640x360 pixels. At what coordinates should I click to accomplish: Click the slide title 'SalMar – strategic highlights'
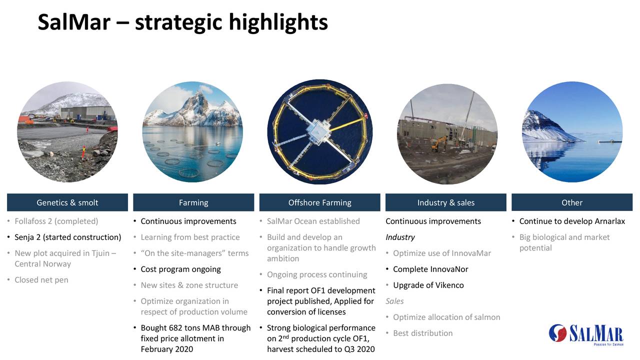tap(182, 22)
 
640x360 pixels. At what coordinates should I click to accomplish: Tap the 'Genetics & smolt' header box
tap(67, 202)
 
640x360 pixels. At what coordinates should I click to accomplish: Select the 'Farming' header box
tap(193, 202)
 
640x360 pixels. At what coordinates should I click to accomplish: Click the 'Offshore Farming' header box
tap(319, 202)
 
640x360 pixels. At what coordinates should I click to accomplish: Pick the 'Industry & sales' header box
tap(445, 202)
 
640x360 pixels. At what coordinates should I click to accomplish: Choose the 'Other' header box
tap(571, 202)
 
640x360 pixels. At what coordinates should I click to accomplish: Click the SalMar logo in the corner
tap(585, 334)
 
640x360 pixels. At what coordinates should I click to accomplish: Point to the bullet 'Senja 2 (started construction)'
tap(68, 237)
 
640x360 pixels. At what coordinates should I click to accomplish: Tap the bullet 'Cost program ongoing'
tap(180, 269)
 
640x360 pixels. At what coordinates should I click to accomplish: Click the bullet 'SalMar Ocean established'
tap(313, 221)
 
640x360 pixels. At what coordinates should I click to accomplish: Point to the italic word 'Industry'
tap(400, 237)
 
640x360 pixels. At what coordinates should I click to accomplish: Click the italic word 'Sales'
tap(394, 301)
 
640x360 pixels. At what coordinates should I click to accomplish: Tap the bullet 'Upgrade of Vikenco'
tap(428, 285)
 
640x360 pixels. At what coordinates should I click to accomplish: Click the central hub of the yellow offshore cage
tap(319, 131)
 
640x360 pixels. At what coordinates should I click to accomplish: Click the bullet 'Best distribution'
tap(422, 333)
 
